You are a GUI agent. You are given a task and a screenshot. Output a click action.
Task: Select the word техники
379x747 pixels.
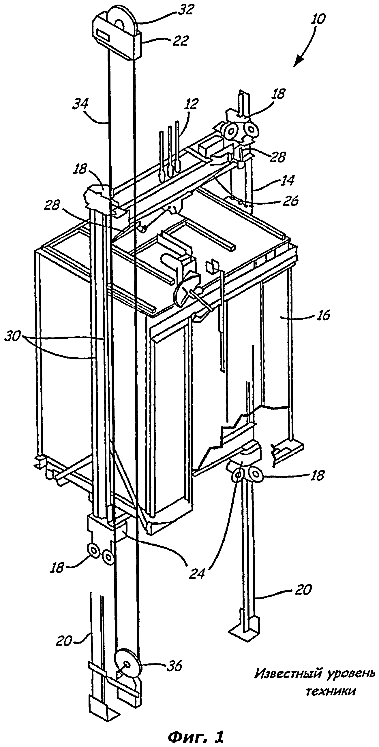click(x=331, y=692)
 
